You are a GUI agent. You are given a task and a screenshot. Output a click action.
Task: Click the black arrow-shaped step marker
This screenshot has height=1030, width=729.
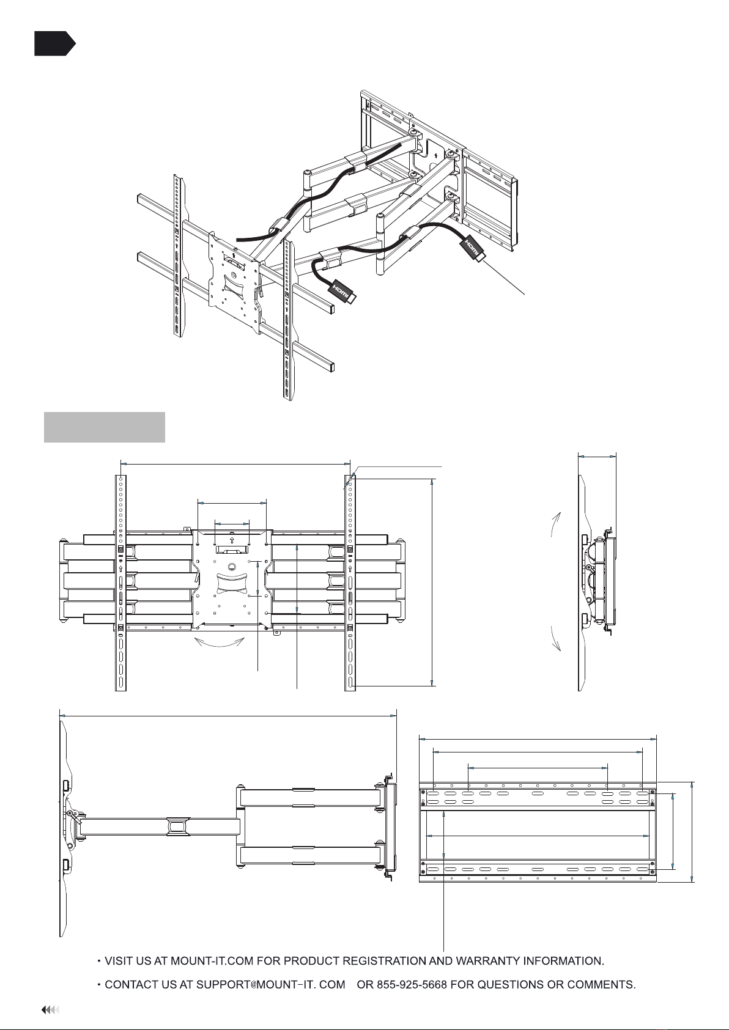(x=54, y=43)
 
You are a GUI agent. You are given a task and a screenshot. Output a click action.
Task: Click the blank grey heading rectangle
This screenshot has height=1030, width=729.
(x=105, y=427)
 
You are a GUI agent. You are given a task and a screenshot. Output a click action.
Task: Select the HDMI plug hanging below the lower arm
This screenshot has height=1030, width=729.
(x=342, y=292)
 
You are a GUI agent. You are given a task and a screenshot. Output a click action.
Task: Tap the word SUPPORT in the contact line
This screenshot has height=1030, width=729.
(x=223, y=985)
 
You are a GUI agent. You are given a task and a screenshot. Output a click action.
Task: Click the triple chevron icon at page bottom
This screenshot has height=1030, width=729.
(x=50, y=1010)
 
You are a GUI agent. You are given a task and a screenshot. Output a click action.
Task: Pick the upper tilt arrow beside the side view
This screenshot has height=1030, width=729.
(x=555, y=524)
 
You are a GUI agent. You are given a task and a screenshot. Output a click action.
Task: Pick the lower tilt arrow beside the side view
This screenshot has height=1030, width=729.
(x=555, y=639)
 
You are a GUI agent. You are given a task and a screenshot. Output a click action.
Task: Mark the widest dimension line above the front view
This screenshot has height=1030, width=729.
(x=235, y=465)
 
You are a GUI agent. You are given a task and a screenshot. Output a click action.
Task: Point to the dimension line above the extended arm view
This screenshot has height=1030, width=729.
(x=228, y=715)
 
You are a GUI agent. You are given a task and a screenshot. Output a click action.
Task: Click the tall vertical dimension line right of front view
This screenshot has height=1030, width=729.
(x=432, y=582)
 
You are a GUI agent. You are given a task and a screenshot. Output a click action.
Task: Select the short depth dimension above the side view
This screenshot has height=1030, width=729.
(x=597, y=457)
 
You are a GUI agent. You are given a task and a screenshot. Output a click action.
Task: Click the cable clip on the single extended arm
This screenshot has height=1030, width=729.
(x=179, y=826)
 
